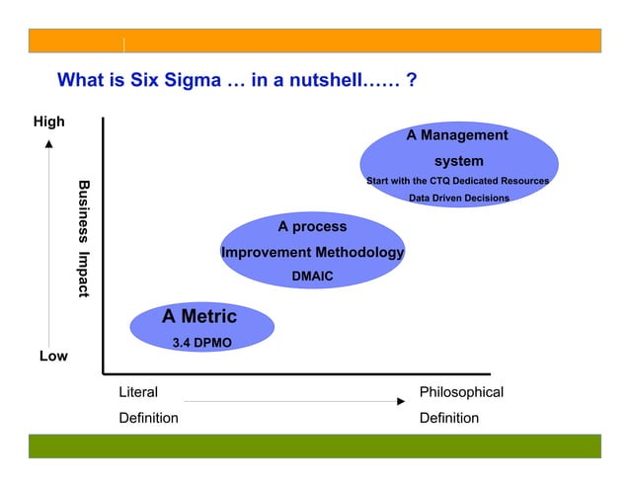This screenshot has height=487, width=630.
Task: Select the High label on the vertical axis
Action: pyautogui.click(x=48, y=122)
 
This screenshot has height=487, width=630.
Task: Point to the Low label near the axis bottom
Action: pyautogui.click(x=53, y=356)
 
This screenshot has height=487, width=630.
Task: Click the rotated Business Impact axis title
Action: pyautogui.click(x=84, y=238)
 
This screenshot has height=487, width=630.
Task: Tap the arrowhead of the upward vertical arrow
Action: pyautogui.click(x=49, y=145)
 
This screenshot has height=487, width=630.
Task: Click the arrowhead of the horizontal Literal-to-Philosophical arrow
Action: pyautogui.click(x=400, y=401)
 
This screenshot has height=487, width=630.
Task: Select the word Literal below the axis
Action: pyautogui.click(x=138, y=392)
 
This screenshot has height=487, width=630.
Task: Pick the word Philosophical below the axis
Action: pyautogui.click(x=461, y=392)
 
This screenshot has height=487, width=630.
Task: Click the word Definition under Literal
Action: pyautogui.click(x=148, y=418)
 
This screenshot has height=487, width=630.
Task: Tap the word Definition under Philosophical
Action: pyautogui.click(x=449, y=418)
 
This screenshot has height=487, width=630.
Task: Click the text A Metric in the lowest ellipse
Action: pyautogui.click(x=199, y=317)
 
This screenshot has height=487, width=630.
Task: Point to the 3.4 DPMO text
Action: pyautogui.click(x=201, y=342)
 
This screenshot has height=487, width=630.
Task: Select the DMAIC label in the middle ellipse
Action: pyautogui.click(x=312, y=278)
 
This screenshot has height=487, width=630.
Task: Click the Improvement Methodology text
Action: pyautogui.click(x=312, y=253)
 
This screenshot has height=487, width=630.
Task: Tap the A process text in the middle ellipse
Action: pyautogui.click(x=312, y=227)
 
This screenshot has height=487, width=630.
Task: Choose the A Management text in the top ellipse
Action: pyautogui.click(x=457, y=135)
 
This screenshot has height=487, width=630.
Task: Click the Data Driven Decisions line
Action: pyautogui.click(x=459, y=198)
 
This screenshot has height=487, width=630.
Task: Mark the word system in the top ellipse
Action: pyautogui.click(x=459, y=161)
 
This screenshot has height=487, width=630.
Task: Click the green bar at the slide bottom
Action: pyautogui.click(x=314, y=446)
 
